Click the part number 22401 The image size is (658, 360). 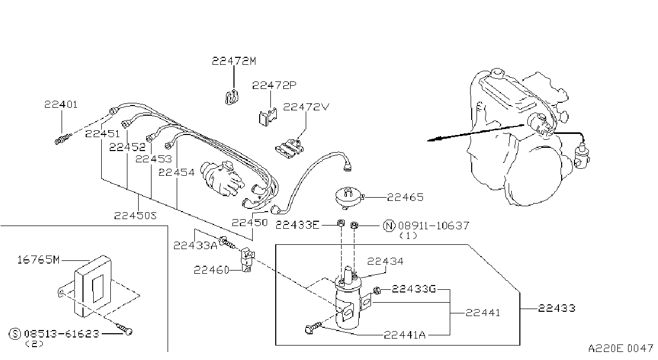61,104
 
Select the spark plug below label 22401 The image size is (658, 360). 63,139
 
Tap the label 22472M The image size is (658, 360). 234,61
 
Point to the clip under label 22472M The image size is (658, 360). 232,97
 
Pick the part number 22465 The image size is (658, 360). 405,197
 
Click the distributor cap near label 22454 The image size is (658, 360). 222,178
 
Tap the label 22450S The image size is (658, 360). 135,216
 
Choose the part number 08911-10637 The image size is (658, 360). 434,226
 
